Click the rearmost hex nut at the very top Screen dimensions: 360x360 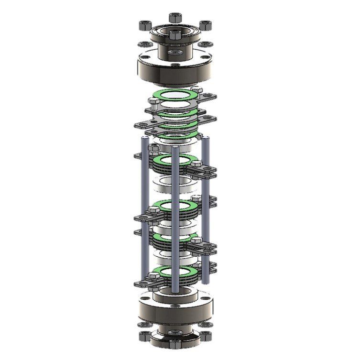click(x=175, y=18)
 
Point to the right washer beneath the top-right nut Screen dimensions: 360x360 click(x=206, y=44)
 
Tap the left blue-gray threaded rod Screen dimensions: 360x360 click(x=143, y=210)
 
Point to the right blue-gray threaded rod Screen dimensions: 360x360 click(x=206, y=210)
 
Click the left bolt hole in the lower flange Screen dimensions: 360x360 click(x=144, y=299)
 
